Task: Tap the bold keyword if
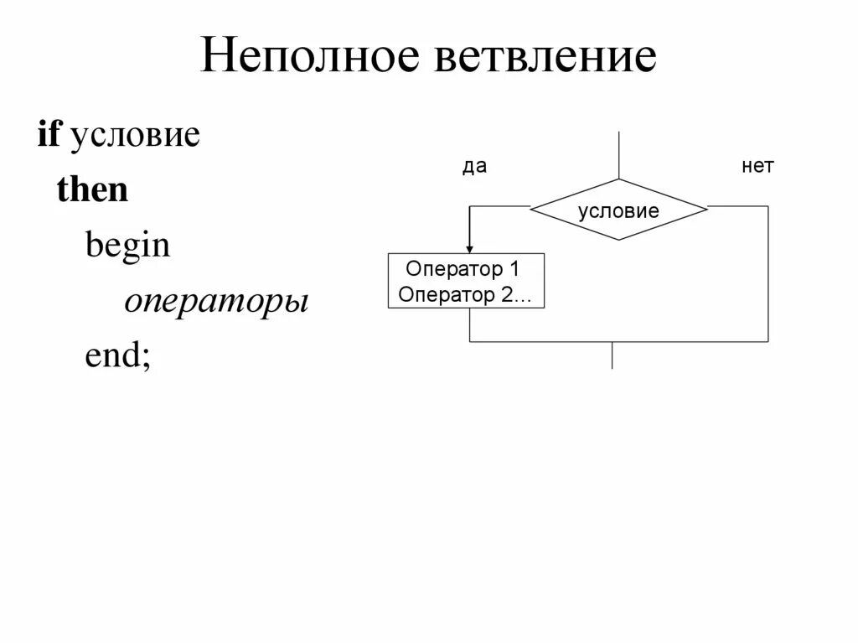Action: coord(49,135)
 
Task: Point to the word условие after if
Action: coord(134,137)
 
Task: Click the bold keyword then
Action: coord(92,190)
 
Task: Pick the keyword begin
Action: coord(127,246)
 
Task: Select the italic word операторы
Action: coord(217,302)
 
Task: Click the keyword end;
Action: coord(118,356)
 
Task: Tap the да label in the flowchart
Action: coord(474,167)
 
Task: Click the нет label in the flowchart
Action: coord(757,167)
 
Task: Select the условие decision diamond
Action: coord(618,210)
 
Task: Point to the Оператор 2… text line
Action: coord(466,294)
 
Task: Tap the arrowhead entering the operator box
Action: coord(469,248)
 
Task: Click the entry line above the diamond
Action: coord(618,155)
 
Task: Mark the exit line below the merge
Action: coord(612,355)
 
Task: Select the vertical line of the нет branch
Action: coord(768,273)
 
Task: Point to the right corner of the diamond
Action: coord(706,206)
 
